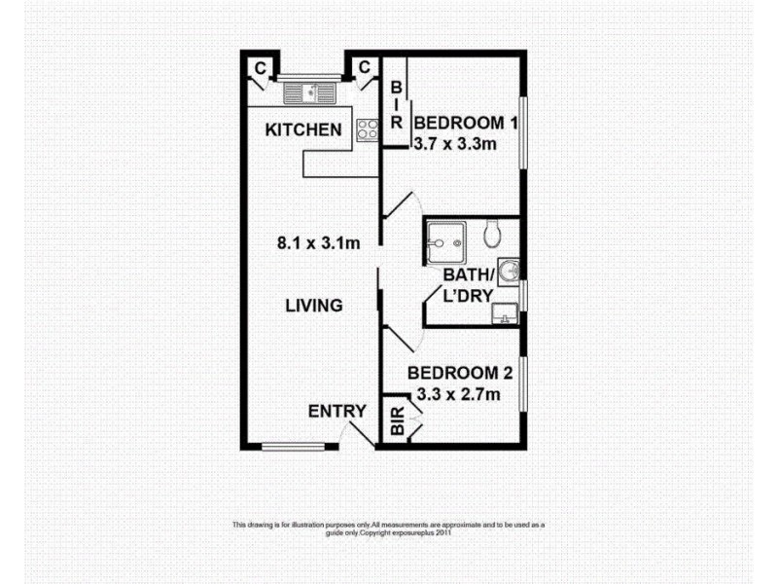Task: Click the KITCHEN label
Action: point(303,129)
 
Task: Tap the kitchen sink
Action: point(311,93)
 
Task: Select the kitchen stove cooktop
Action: point(368,129)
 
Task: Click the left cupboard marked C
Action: point(261,67)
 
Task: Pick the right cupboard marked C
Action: point(363,67)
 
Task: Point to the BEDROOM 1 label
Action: point(465,124)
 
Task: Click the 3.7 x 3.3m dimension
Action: point(456,145)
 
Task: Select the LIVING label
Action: point(313,305)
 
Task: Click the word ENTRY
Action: point(336,411)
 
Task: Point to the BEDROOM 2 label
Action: point(459,373)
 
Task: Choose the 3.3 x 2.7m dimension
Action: point(457,394)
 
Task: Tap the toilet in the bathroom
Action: point(491,233)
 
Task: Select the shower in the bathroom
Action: point(445,241)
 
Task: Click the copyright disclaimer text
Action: point(395,529)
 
